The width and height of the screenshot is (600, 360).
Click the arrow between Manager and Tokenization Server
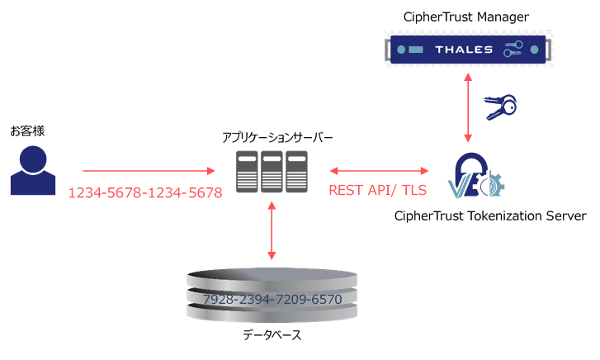(469, 106)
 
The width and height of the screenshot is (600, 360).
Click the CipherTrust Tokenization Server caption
(490, 216)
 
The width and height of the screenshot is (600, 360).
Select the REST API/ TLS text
(379, 191)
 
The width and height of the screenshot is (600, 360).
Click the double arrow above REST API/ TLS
(379, 171)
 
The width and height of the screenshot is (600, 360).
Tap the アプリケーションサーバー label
(272, 137)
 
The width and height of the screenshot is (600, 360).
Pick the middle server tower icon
(272, 171)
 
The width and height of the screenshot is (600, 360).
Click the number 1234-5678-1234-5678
(144, 192)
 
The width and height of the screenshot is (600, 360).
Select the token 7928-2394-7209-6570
(272, 299)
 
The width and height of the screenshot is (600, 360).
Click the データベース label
(272, 335)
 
